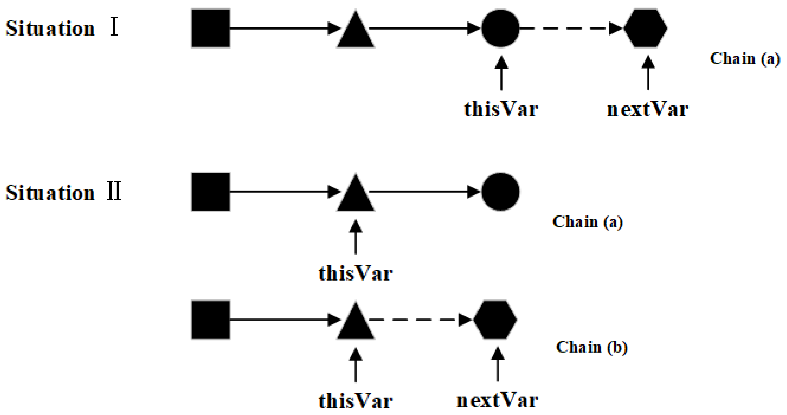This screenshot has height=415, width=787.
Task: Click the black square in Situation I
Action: point(211,28)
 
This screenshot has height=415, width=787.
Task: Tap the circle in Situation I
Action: point(500,28)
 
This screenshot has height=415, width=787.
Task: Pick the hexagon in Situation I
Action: point(645,28)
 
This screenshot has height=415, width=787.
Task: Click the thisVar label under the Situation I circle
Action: point(501,109)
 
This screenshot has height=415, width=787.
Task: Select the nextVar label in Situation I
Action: point(648,109)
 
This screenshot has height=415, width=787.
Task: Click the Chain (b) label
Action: point(592,347)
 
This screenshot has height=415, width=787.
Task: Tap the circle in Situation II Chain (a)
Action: point(500,192)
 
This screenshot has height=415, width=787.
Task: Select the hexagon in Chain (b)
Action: point(495,320)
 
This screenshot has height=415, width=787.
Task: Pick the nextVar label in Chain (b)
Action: point(497,400)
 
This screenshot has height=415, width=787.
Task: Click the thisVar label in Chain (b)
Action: point(355,401)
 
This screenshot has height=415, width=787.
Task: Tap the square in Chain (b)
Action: point(211,320)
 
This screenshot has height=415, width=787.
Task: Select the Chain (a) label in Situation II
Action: point(587,222)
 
